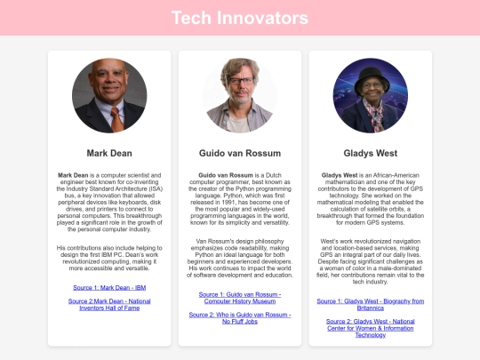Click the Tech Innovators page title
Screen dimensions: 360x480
(x=239, y=18)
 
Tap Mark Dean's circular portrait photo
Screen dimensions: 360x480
(x=108, y=96)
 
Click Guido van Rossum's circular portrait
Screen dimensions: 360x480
(x=239, y=96)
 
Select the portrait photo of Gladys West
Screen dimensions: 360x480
(x=370, y=96)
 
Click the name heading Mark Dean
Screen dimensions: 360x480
(x=108, y=152)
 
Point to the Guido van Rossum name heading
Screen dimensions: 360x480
(x=239, y=152)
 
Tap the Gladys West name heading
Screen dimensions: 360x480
(x=370, y=152)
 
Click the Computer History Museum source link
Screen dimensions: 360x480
(x=239, y=297)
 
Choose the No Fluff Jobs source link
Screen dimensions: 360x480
(x=239, y=319)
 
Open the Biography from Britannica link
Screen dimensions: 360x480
(x=370, y=305)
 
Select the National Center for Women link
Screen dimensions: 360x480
(x=370, y=327)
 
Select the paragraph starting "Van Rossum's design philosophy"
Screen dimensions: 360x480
(x=239, y=258)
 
